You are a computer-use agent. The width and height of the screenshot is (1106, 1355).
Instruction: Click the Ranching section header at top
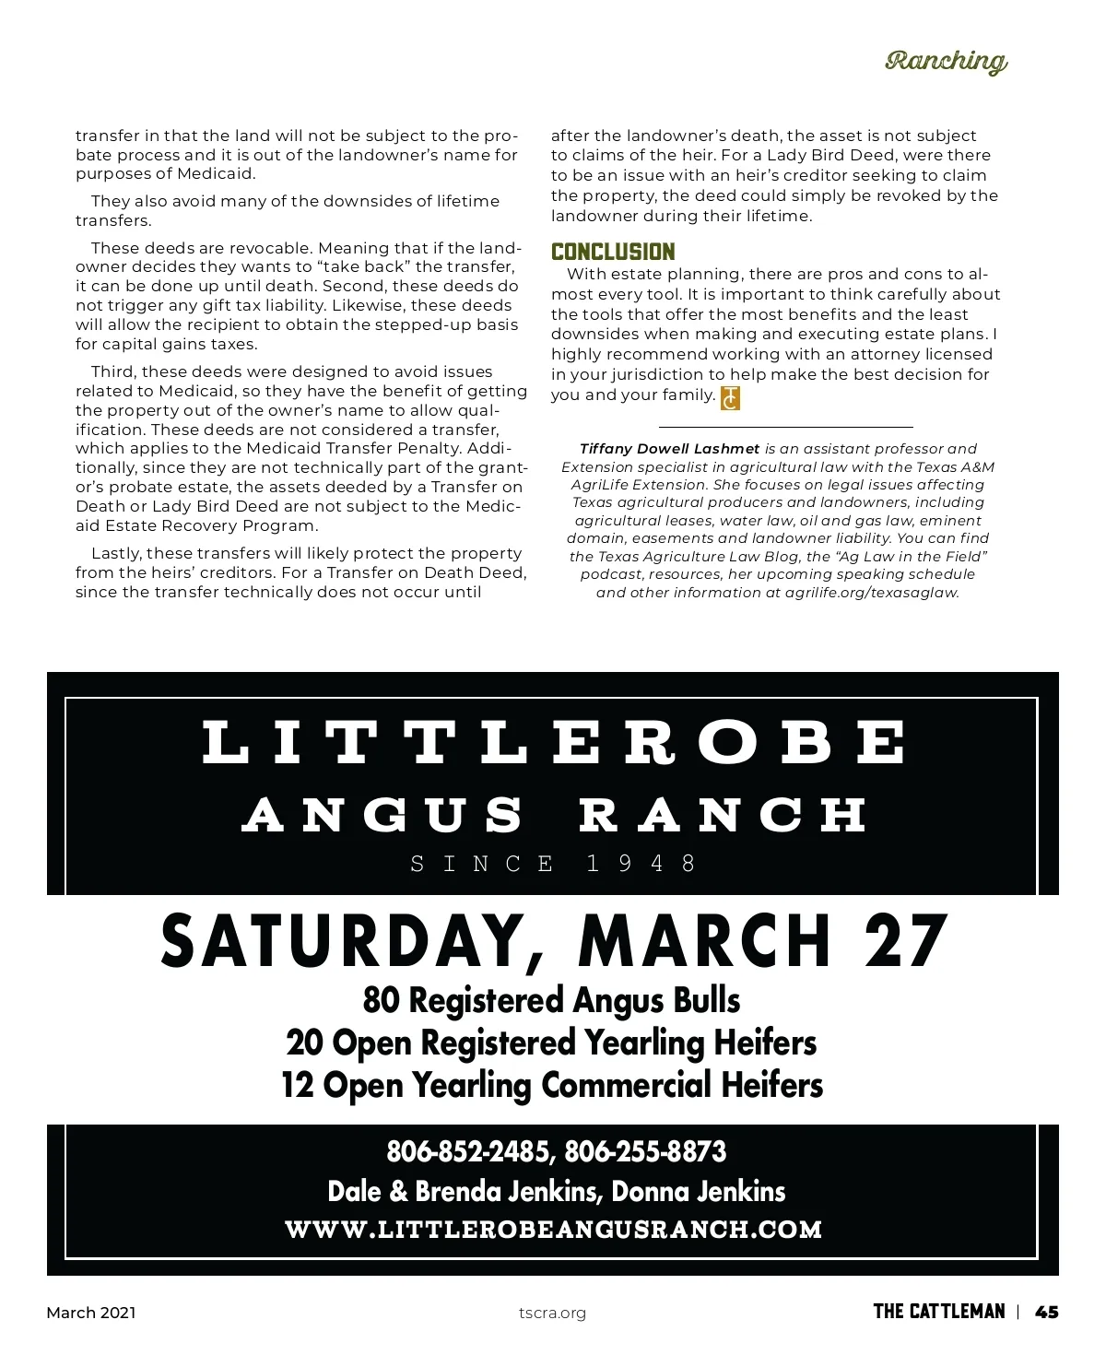click(946, 61)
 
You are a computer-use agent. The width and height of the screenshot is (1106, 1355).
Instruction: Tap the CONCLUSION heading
click(613, 252)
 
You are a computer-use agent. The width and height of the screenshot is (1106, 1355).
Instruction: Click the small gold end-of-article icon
click(730, 397)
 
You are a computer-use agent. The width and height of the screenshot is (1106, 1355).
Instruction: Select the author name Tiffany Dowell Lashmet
click(670, 449)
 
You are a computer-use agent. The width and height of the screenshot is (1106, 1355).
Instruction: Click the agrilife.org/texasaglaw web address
click(872, 593)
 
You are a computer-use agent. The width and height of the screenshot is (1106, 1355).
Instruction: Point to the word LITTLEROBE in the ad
click(553, 743)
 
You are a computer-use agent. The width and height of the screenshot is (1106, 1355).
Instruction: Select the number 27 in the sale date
click(905, 941)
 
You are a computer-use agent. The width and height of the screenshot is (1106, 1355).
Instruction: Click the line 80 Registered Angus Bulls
click(551, 1000)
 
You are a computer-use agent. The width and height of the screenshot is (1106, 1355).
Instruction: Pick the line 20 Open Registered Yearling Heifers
click(551, 1043)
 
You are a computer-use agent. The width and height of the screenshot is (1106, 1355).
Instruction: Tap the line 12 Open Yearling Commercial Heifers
click(551, 1085)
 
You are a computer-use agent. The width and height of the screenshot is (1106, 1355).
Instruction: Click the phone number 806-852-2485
click(468, 1151)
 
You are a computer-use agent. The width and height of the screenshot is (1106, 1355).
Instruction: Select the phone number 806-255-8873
click(645, 1151)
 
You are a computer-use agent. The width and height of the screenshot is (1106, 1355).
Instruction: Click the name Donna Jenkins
click(698, 1191)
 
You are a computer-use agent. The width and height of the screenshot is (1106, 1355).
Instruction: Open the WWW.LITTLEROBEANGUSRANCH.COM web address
click(553, 1230)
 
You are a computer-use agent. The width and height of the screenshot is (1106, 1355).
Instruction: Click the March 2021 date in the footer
click(91, 1313)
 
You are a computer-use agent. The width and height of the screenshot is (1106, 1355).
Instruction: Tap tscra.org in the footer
click(552, 1313)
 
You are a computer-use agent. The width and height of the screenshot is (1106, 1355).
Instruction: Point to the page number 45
click(1046, 1312)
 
